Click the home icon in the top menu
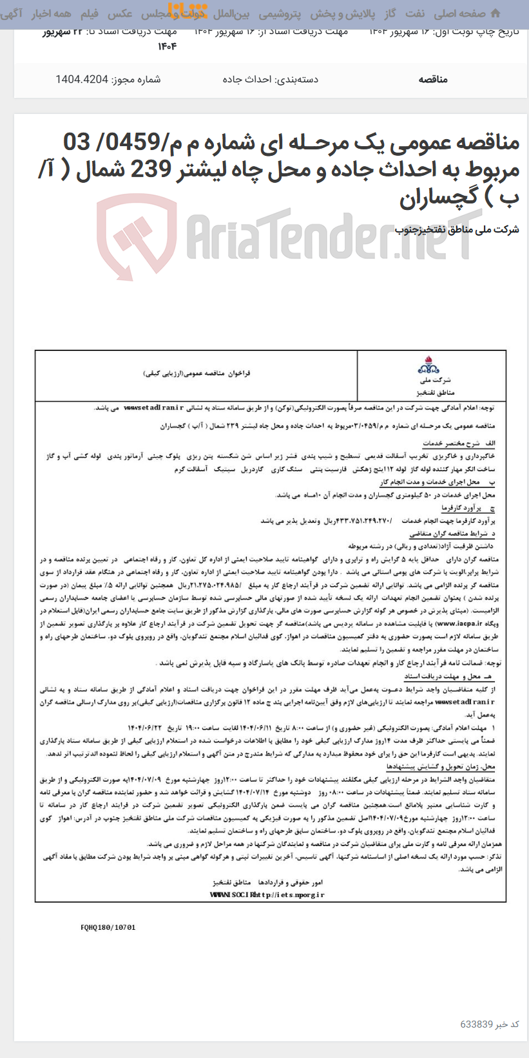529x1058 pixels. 495,13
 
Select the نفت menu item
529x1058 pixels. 415,13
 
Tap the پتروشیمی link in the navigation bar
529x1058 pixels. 279,13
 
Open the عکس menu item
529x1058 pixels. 120,13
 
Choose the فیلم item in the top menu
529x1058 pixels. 89,13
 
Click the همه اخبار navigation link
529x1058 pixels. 53,13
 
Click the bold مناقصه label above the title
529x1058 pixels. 432,79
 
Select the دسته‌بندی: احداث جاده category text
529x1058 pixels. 271,79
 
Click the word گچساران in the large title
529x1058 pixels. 444,198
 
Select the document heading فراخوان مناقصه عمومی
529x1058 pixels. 197,373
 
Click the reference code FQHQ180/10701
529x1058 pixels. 108,927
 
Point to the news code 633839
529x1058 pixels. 477,1024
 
